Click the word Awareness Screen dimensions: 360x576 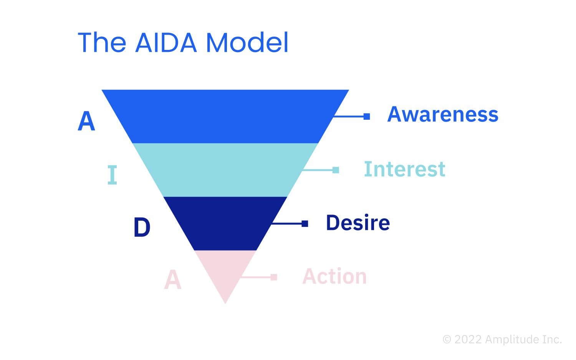pyautogui.click(x=443, y=114)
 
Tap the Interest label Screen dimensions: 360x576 pyautogui.click(x=404, y=169)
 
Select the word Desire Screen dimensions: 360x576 pyautogui.click(x=358, y=223)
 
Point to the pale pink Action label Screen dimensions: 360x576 pyautogui.click(x=334, y=276)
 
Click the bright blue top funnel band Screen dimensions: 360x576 pyautogui.click(x=225, y=116)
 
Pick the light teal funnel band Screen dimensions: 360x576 pyautogui.click(x=225, y=170)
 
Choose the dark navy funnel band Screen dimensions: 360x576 pyautogui.click(x=225, y=223)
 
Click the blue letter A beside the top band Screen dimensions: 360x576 pyautogui.click(x=86, y=122)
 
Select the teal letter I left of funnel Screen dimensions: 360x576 pyautogui.click(x=112, y=175)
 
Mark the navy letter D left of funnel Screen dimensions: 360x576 pyautogui.click(x=142, y=227)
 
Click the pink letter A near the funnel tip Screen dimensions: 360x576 pyautogui.click(x=172, y=280)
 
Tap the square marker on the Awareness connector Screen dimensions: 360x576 pyautogui.click(x=367, y=116)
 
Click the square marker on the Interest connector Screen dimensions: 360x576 pyautogui.click(x=336, y=170)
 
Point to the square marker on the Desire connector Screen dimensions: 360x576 pyautogui.click(x=305, y=223)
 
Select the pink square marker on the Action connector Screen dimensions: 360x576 pyautogui.click(x=274, y=277)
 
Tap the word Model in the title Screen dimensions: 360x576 pyautogui.click(x=247, y=42)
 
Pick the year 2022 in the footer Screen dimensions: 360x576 pyautogui.click(x=468, y=339)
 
